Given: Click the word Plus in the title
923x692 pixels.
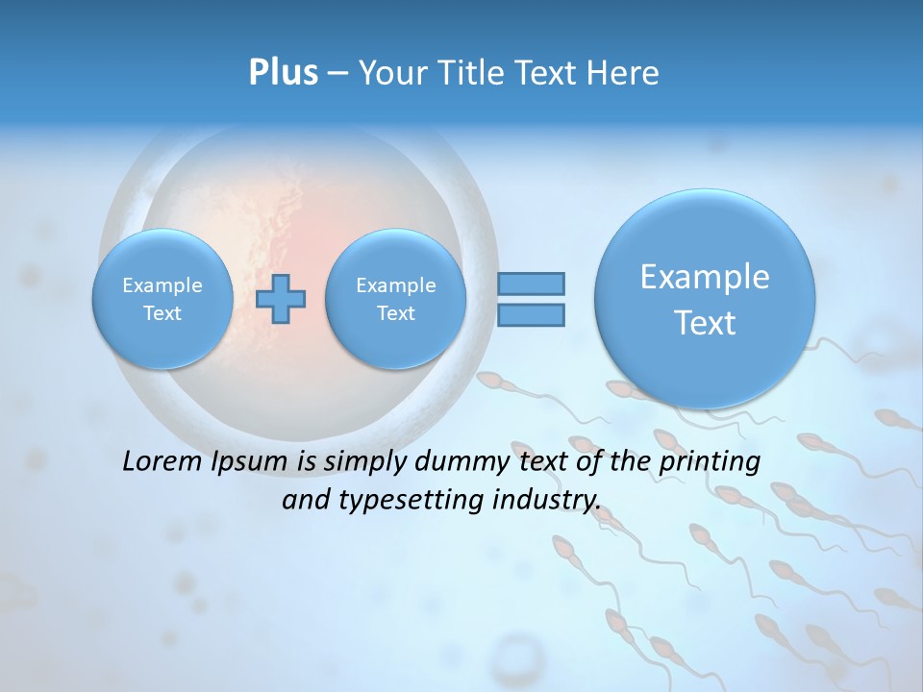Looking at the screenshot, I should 283,73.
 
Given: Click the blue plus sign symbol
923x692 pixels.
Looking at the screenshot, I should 281,298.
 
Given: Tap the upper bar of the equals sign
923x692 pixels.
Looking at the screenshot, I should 530,284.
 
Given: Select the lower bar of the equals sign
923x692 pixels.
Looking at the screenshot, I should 530,314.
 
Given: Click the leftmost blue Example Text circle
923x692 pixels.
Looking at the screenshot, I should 162,299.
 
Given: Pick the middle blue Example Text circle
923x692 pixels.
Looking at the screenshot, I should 395,299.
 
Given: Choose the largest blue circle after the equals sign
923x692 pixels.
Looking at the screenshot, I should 705,299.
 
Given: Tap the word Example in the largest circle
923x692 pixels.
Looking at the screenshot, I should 705,277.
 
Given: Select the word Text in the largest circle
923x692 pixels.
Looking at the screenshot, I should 705,323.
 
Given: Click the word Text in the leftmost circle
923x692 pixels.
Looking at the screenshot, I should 162,313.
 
